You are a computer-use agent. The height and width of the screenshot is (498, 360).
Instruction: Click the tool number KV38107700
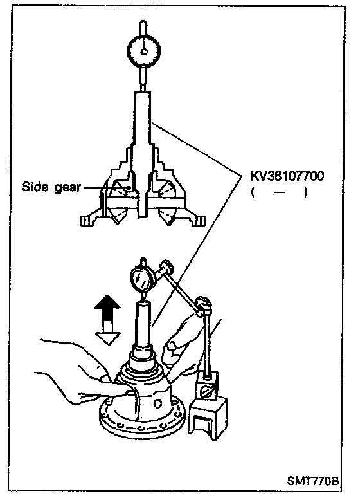point(287,176)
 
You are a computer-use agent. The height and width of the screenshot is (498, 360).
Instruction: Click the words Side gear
point(51,187)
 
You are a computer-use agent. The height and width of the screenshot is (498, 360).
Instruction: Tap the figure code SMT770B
point(312,481)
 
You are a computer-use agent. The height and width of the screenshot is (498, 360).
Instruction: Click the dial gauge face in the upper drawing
point(144,50)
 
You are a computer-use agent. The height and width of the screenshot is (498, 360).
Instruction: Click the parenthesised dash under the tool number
point(279,192)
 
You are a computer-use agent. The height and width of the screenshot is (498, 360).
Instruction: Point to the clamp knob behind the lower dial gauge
point(167,267)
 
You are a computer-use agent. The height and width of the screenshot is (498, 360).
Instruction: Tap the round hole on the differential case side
point(157,403)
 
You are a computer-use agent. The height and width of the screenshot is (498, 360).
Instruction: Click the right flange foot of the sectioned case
point(197,219)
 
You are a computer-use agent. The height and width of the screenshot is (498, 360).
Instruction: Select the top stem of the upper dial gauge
point(143,28)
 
